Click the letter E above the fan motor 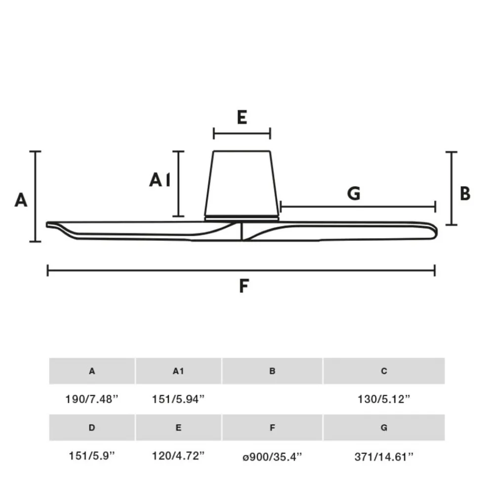[242, 118]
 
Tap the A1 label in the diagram [160, 180]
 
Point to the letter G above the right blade [354, 194]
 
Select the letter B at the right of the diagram [465, 194]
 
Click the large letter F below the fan [244, 286]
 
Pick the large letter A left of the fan [21, 200]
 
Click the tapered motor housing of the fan [242, 183]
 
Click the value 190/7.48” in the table [92, 400]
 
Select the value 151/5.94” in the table [178, 400]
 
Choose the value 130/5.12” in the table [384, 400]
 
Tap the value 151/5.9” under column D [92, 456]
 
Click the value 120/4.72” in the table [178, 456]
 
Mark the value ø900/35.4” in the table [272, 456]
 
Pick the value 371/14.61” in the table [384, 456]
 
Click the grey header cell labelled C [384, 371]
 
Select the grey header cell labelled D [92, 428]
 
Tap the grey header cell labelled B [272, 371]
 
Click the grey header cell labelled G [384, 428]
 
